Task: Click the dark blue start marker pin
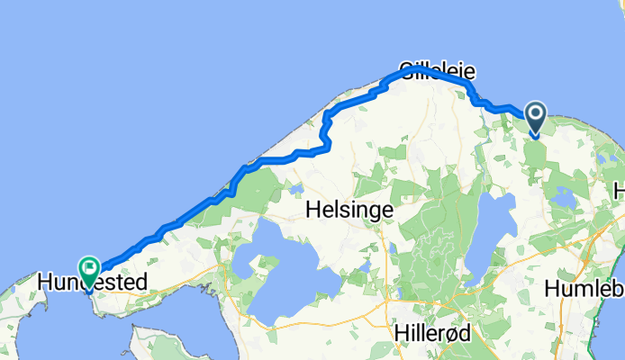coord(535,116)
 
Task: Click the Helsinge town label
coord(349,209)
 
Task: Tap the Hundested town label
coord(92,283)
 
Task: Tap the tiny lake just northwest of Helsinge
coord(294,189)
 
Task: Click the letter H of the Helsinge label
coord(313,209)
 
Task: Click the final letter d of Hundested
coord(140,283)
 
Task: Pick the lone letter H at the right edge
coord(620,191)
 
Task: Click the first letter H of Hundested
coord(45,283)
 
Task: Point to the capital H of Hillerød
coord(403,331)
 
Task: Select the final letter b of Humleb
coord(618,290)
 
